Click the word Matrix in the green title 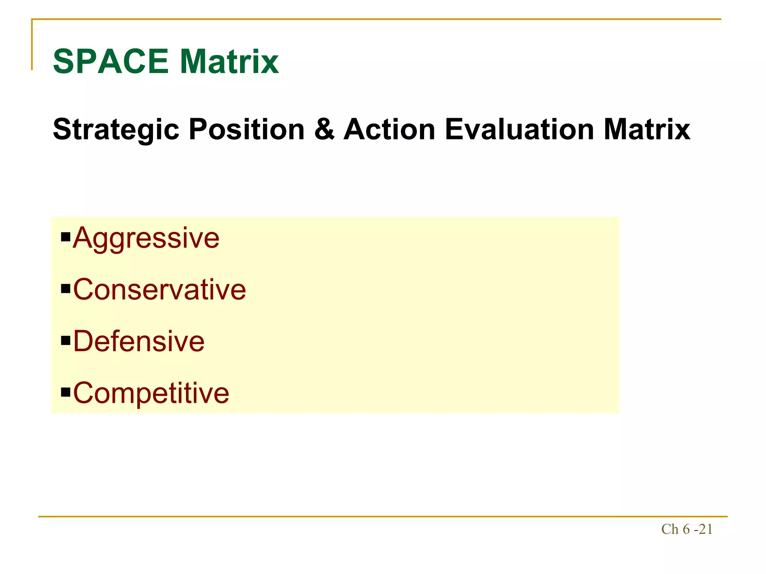229,62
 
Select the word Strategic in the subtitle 116,130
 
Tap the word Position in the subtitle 247,130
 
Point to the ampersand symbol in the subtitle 324,130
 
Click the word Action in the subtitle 389,130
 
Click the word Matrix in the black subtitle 647,130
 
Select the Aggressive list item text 146,238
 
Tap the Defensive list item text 139,342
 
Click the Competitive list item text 151,393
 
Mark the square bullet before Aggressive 65,237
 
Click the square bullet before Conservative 65,289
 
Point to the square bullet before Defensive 65,340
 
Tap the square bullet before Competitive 65,392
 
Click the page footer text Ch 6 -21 687,529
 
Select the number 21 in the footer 705,529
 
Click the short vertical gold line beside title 32,45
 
